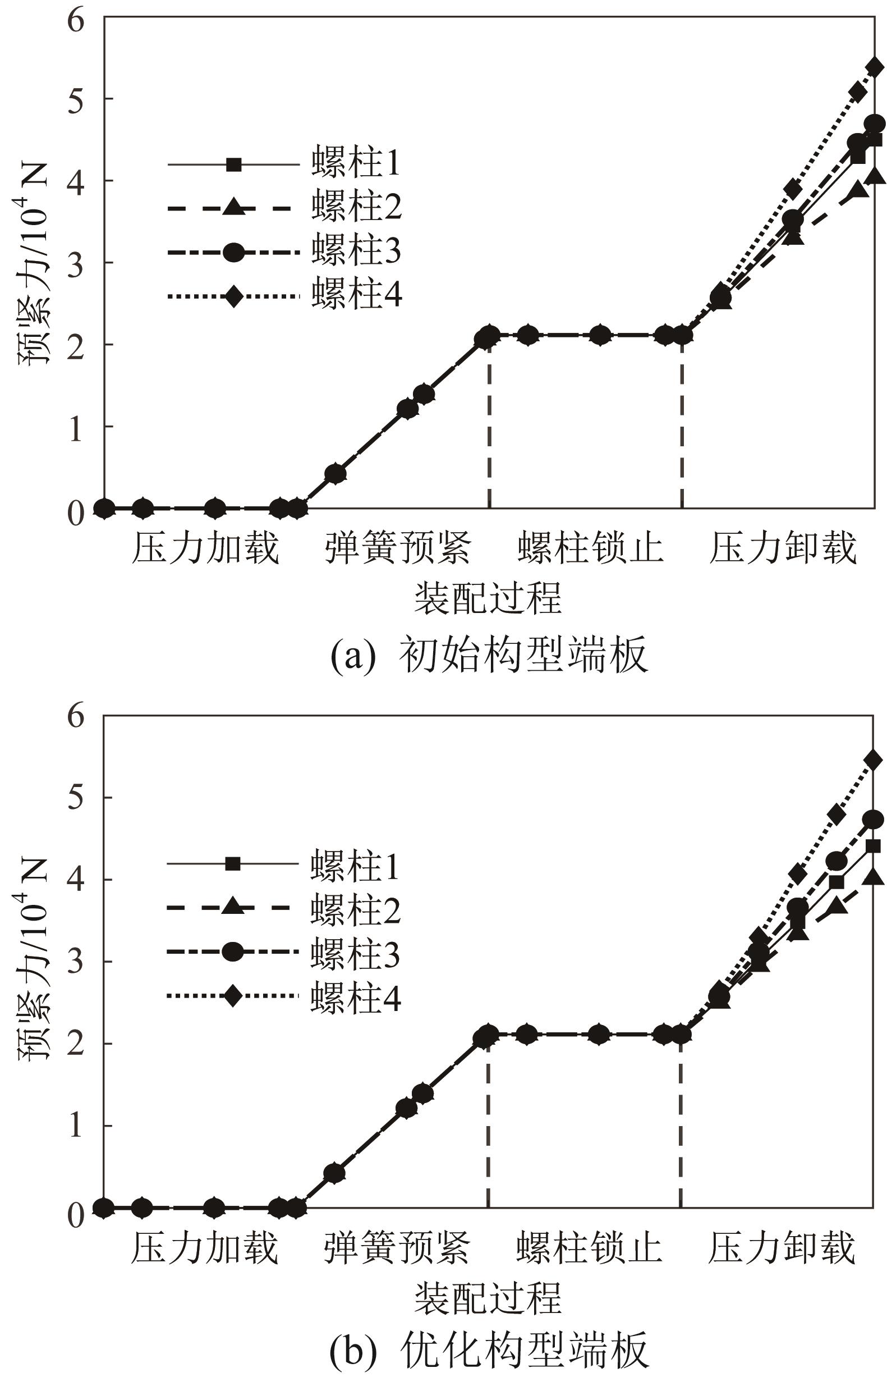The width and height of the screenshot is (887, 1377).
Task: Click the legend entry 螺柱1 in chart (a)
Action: coord(355,163)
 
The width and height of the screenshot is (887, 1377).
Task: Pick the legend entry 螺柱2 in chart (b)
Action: coord(355,911)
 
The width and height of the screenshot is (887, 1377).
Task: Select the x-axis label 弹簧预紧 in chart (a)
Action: coord(397,548)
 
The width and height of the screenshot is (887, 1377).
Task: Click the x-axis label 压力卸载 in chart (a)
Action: coord(782,548)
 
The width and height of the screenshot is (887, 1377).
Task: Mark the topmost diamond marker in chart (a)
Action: coord(875,67)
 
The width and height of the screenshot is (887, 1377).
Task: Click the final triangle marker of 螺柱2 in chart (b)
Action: coord(874,877)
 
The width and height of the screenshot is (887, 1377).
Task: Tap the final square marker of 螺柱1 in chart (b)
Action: coord(873,846)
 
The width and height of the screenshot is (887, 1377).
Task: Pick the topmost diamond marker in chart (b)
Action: coord(874,760)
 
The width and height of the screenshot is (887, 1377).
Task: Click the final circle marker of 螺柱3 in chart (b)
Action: coord(874,819)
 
